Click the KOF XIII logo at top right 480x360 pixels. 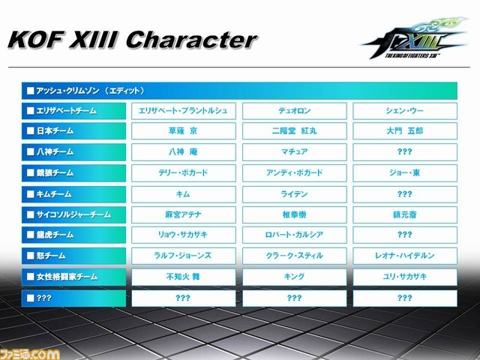click(x=415, y=38)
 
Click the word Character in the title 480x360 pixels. click(x=192, y=40)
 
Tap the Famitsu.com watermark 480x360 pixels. click(x=30, y=355)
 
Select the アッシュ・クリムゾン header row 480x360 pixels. click(x=239, y=91)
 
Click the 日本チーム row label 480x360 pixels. click(x=73, y=131)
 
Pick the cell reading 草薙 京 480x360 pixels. click(x=184, y=131)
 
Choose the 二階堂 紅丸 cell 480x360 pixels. click(x=295, y=131)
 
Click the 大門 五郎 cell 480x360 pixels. click(x=405, y=131)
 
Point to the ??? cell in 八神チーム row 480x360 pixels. click(x=405, y=151)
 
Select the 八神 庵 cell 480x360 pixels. click(x=184, y=151)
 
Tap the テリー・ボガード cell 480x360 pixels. click(x=184, y=173)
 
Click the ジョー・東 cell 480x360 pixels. click(x=405, y=173)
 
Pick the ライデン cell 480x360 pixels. click(x=295, y=194)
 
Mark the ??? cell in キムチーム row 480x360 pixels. click(x=405, y=194)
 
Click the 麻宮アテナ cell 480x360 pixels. click(x=184, y=214)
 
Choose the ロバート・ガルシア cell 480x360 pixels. click(x=295, y=235)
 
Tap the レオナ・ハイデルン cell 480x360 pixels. click(x=405, y=256)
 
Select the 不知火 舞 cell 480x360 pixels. click(x=184, y=277)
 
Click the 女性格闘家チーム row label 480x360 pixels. click(x=73, y=277)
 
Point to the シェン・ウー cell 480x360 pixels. click(x=405, y=111)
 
